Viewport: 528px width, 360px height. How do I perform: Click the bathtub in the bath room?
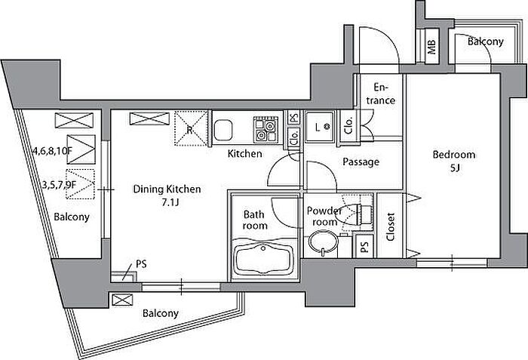click(x=264, y=259)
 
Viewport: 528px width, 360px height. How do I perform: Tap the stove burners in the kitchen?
click(x=266, y=129)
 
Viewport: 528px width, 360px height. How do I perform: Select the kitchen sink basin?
click(x=223, y=130)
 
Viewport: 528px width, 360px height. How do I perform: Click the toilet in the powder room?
click(x=355, y=214)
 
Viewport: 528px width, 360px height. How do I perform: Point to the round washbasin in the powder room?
click(x=324, y=243)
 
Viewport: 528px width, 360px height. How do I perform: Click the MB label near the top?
click(x=431, y=47)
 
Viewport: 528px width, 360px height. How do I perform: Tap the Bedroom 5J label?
click(x=454, y=161)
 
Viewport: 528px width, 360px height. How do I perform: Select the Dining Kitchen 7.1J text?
click(x=167, y=195)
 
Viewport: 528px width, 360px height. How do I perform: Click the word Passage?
click(x=361, y=162)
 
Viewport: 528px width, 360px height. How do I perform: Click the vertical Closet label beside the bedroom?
click(x=391, y=226)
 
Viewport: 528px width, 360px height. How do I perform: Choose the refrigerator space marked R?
click(x=190, y=128)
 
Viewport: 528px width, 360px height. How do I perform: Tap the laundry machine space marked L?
click(x=319, y=127)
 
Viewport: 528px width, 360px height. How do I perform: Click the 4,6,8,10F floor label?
click(x=53, y=151)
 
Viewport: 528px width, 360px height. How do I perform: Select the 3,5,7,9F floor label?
click(x=60, y=185)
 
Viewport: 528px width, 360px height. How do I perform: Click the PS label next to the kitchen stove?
click(x=294, y=118)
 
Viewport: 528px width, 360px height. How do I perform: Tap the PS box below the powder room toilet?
click(x=364, y=246)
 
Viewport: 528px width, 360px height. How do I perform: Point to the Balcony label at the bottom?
click(x=160, y=313)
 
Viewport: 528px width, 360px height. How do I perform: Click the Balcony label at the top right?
click(x=486, y=42)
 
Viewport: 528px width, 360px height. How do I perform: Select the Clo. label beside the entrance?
click(x=348, y=125)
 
